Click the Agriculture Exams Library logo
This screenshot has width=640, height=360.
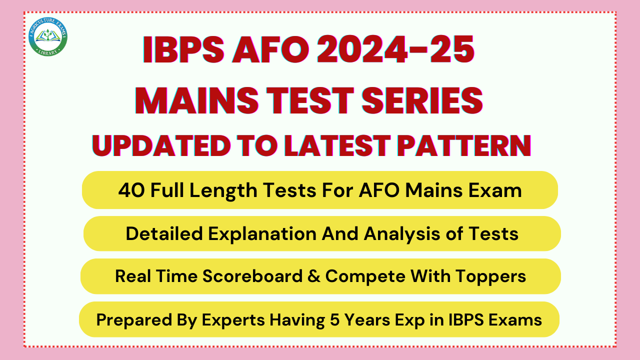tap(48, 36)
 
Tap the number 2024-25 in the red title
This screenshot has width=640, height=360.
tap(395, 49)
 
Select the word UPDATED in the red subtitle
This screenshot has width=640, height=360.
tap(161, 145)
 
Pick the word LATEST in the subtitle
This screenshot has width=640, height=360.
tap(337, 145)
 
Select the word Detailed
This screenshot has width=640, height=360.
tap(164, 233)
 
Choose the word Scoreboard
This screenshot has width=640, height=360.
tap(252, 276)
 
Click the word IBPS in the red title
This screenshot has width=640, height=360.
tap(183, 49)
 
